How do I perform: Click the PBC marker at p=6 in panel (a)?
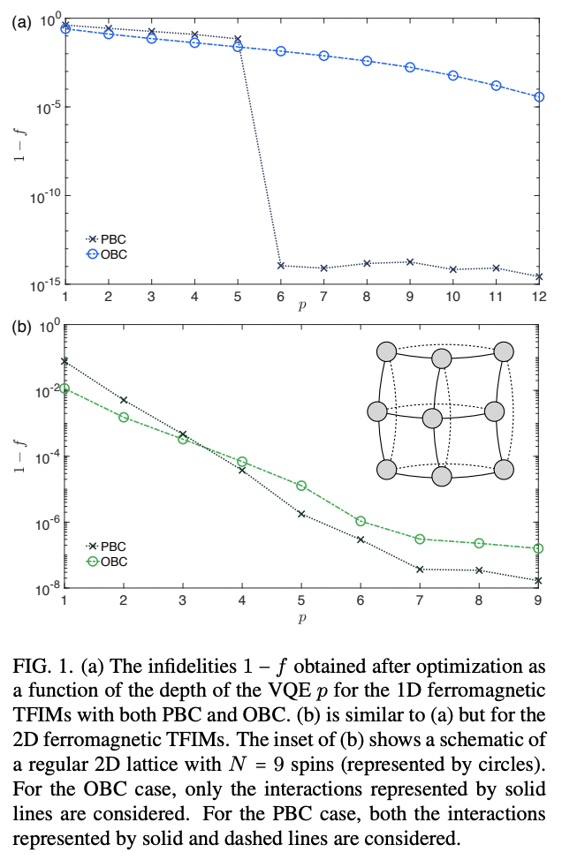click(281, 266)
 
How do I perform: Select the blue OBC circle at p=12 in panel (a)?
click(539, 96)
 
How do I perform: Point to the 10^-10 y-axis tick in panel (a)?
click(42, 195)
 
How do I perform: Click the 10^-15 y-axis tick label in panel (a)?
click(42, 284)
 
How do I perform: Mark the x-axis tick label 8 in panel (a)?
click(367, 296)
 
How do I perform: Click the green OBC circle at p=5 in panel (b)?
click(301, 486)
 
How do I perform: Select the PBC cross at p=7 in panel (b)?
click(420, 570)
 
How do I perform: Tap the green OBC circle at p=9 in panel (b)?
click(539, 548)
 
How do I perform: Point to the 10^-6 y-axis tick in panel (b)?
click(44, 523)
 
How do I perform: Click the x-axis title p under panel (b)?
click(301, 617)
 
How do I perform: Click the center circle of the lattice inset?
click(432, 417)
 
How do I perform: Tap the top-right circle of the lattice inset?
click(504, 351)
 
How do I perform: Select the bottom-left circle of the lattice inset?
click(386, 470)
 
